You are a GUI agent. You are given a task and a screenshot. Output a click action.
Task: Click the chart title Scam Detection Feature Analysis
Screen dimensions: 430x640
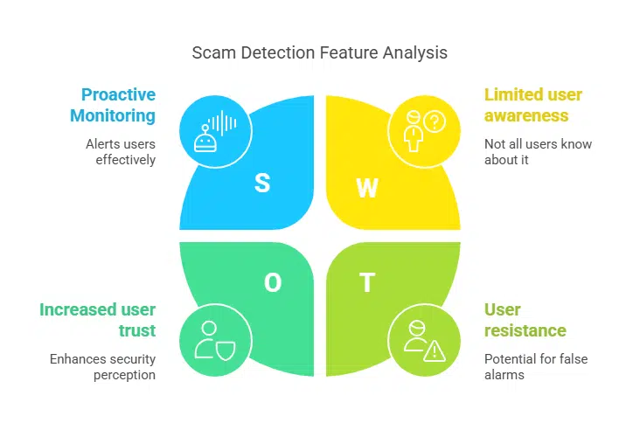point(319,53)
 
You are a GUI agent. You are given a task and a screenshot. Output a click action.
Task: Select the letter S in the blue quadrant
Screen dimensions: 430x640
point(261,183)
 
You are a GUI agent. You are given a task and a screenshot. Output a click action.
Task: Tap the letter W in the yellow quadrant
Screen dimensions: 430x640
point(368,188)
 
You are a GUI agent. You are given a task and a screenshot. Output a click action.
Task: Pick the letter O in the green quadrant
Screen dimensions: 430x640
point(273,282)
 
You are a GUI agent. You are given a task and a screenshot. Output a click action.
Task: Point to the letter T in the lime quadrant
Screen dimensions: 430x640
point(367,283)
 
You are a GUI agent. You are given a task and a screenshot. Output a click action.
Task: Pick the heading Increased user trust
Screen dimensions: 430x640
point(98,320)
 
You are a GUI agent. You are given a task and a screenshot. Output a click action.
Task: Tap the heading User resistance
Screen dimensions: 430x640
point(525,320)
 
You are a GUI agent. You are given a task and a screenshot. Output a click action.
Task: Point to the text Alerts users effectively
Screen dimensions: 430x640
point(121,152)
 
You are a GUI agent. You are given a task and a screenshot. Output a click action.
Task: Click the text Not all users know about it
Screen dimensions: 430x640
point(537,152)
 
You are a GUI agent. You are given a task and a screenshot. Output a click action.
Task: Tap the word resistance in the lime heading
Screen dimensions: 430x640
point(525,330)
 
